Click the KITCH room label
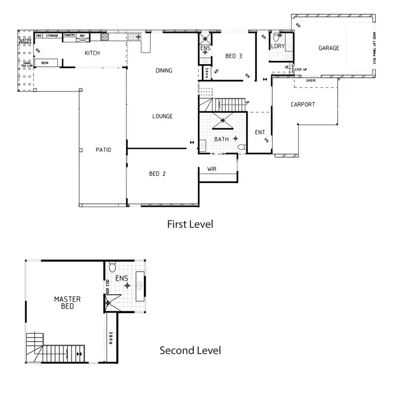(x=92, y=53)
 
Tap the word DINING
(x=164, y=70)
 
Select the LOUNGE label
(x=162, y=116)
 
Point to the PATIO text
(x=103, y=150)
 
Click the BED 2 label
(x=157, y=173)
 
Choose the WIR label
(x=212, y=169)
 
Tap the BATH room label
(x=221, y=139)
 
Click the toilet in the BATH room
(x=241, y=148)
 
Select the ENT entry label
(x=260, y=132)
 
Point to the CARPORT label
(x=303, y=105)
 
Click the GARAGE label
(x=328, y=48)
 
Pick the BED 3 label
(x=234, y=56)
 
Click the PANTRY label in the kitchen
(x=69, y=36)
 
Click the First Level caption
(x=190, y=224)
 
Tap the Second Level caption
(x=190, y=350)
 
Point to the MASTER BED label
(x=67, y=303)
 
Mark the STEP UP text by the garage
(x=300, y=69)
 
